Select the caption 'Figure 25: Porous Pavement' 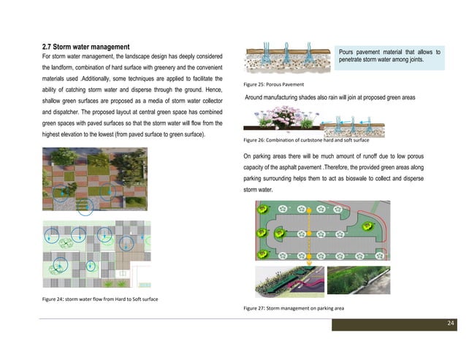coord(274,85)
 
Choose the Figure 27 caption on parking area coord(289,309)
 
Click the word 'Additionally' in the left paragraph coord(107,77)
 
